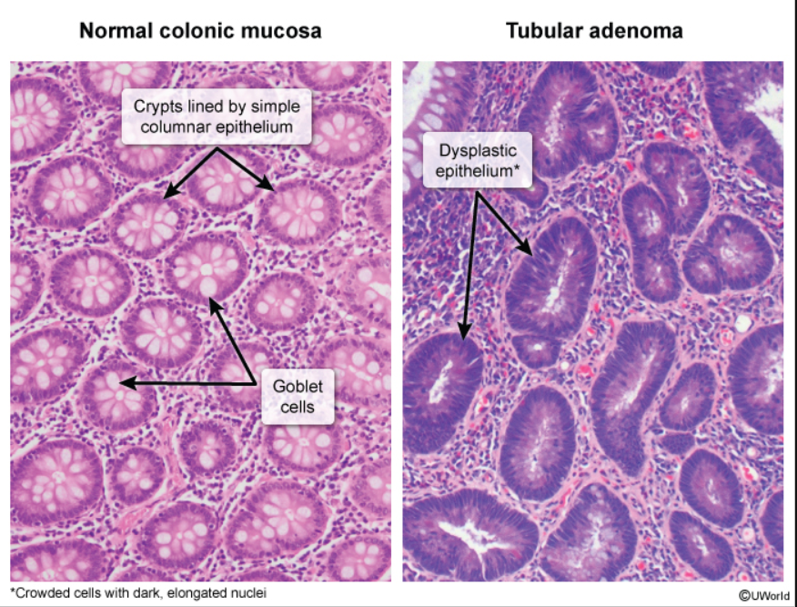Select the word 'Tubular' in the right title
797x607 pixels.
(543, 31)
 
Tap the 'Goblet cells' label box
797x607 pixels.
(298, 396)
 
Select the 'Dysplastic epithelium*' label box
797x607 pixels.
(478, 159)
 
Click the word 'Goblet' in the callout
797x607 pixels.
(298, 386)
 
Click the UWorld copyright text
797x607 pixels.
(762, 595)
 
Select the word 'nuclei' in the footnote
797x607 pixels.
(247, 592)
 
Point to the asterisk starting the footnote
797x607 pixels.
(13, 592)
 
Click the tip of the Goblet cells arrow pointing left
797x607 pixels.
(121, 384)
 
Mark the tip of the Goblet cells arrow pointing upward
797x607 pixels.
(212, 298)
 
